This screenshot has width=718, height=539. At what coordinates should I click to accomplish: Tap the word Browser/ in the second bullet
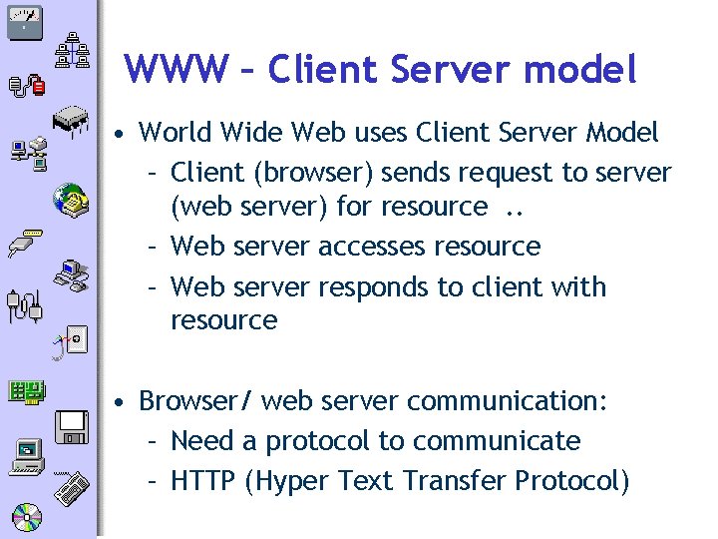tap(196, 401)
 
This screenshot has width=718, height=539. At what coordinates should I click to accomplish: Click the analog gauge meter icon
tap(23, 21)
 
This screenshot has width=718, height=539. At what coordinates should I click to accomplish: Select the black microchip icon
tap(74, 120)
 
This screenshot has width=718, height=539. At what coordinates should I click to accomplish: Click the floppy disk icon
tap(73, 426)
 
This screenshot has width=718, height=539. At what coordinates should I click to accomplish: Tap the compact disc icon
tap(26, 517)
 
